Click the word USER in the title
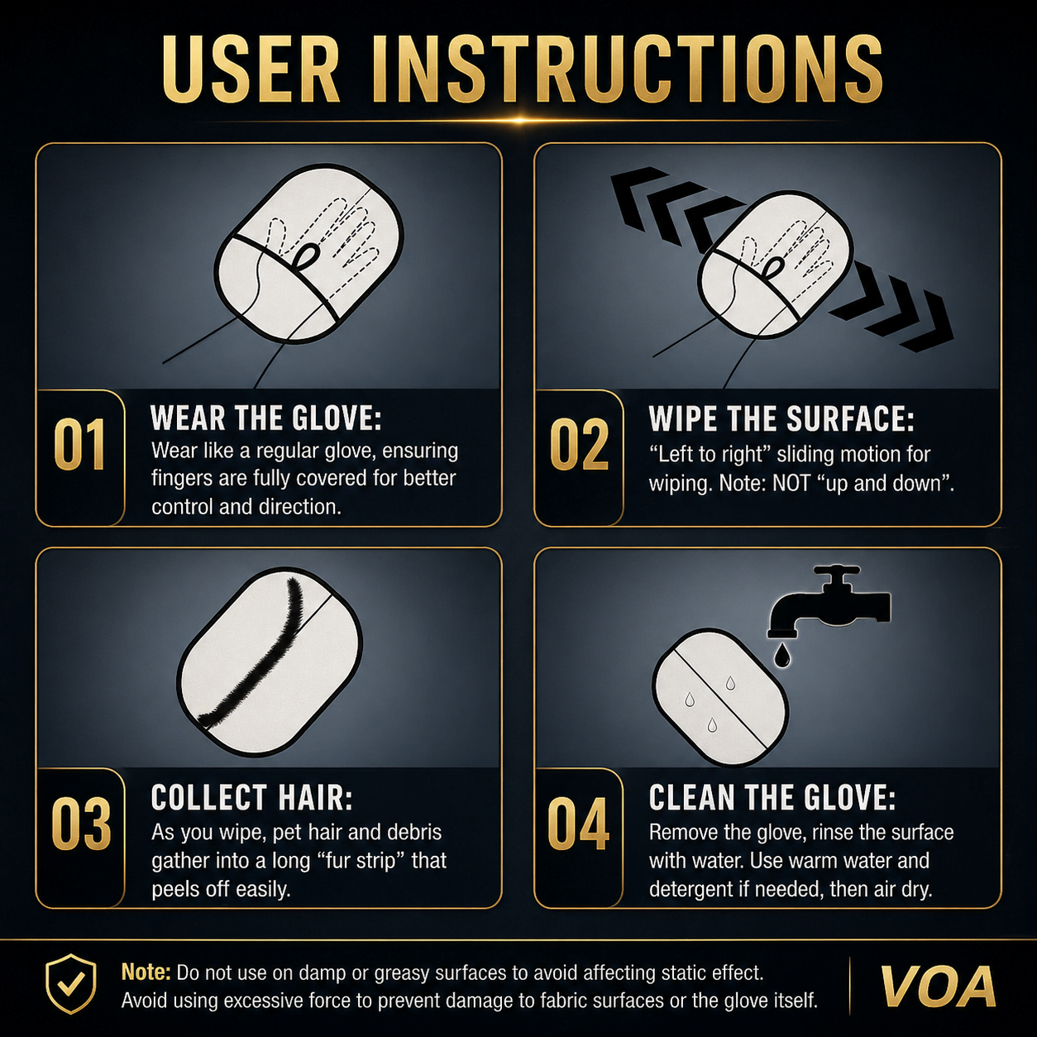click(251, 68)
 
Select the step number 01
click(79, 445)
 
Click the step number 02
click(579, 445)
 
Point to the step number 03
click(81, 824)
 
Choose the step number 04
click(579, 824)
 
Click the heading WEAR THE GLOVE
click(265, 418)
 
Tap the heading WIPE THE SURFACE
click(781, 418)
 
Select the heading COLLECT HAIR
click(252, 797)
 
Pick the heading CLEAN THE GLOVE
click(772, 797)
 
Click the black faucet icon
click(829, 602)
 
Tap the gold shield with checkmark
click(71, 984)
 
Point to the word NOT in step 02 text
click(791, 484)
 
